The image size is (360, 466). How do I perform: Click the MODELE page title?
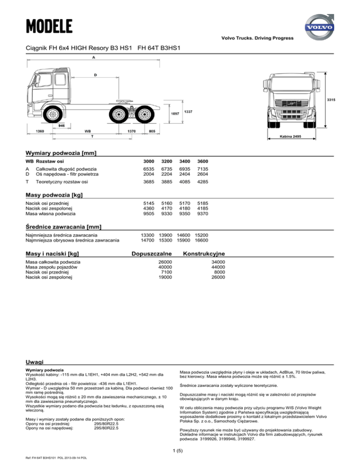coord(49,24)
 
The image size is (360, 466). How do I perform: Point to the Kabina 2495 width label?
coord(290,136)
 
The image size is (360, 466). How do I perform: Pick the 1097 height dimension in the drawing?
coord(174,114)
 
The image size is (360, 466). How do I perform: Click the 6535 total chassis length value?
coord(148,169)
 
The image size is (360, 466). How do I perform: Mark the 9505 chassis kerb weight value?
coord(148,214)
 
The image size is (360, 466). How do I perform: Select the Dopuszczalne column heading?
coord(150,253)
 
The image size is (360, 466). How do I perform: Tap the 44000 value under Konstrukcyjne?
coord(218,267)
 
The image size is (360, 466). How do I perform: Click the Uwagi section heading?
coord(35,361)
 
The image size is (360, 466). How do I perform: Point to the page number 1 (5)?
coord(180,450)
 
